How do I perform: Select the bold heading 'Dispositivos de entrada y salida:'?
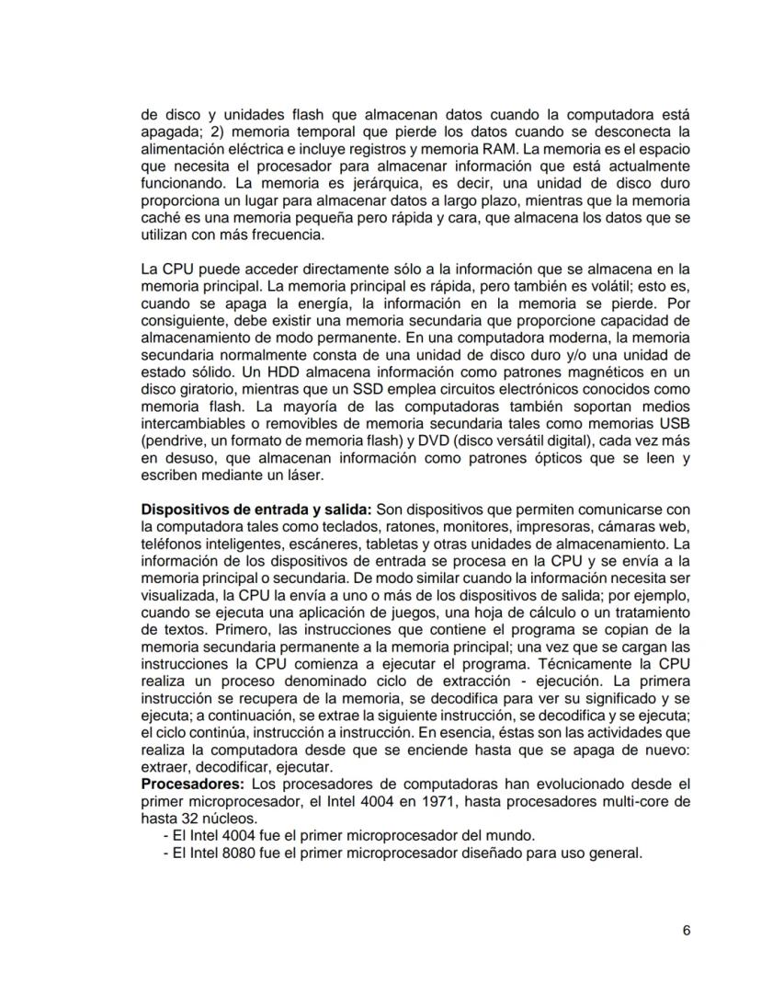click(x=251, y=510)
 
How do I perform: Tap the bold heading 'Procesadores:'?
click(x=192, y=784)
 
